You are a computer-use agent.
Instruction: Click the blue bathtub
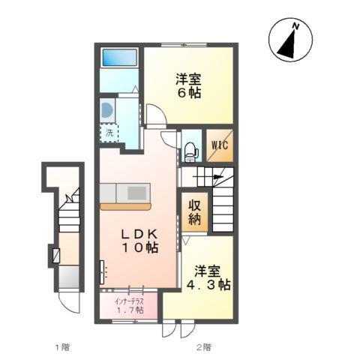(120, 58)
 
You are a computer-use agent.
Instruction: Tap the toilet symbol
(190, 151)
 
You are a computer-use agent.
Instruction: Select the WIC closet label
(220, 145)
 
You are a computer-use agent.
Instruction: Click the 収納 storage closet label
(194, 212)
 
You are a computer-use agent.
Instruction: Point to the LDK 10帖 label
(140, 241)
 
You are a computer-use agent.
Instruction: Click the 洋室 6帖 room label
(189, 85)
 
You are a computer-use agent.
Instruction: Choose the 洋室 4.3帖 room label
(208, 277)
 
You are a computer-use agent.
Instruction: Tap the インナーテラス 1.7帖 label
(129, 306)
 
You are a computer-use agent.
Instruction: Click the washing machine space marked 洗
(109, 133)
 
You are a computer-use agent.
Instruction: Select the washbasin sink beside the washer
(106, 110)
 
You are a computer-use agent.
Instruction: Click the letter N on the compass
(296, 26)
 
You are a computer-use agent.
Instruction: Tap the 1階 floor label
(62, 347)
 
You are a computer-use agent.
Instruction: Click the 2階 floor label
(203, 347)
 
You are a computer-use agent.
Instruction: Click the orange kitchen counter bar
(125, 206)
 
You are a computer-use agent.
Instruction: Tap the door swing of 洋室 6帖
(156, 114)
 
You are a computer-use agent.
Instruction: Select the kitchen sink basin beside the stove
(108, 193)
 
